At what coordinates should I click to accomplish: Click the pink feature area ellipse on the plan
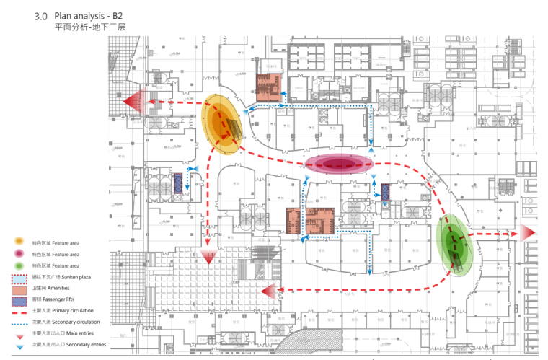338,164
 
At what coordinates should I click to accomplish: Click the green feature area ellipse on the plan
454,245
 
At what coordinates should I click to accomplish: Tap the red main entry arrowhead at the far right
528,233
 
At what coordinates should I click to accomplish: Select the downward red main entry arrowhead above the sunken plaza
208,255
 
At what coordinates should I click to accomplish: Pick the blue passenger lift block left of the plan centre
178,181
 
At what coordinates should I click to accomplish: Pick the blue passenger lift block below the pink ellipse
385,192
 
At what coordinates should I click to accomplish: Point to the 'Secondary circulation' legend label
80,322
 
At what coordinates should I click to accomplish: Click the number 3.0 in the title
41,15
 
